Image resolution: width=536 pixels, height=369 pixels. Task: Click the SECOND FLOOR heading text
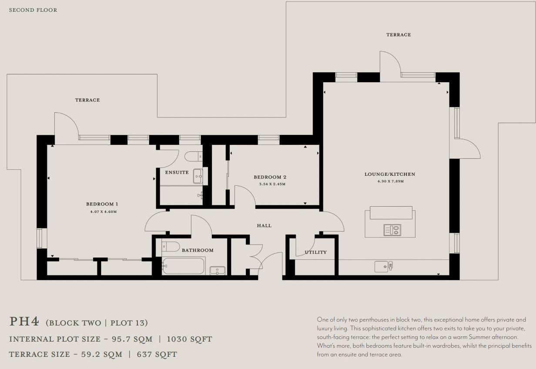[33, 10]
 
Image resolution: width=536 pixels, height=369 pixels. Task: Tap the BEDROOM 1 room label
[102, 204]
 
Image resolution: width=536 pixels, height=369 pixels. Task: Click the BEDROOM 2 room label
[270, 177]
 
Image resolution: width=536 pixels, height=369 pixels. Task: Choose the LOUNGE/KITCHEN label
[390, 174]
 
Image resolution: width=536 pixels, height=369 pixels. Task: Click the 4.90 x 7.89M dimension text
[390, 181]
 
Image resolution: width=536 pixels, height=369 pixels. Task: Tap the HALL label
[264, 225]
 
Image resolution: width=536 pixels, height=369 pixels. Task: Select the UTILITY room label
[315, 252]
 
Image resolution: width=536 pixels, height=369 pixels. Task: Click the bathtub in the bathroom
[183, 266]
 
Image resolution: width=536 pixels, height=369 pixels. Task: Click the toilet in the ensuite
[194, 156]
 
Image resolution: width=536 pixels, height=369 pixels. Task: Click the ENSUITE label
[177, 172]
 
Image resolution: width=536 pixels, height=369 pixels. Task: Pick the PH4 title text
[24, 322]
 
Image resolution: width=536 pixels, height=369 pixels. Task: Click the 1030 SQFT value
[190, 339]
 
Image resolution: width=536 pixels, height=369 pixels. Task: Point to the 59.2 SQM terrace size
[101, 354]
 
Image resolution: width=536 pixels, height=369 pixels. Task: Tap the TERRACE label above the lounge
[398, 34]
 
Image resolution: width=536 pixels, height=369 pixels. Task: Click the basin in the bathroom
[217, 270]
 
